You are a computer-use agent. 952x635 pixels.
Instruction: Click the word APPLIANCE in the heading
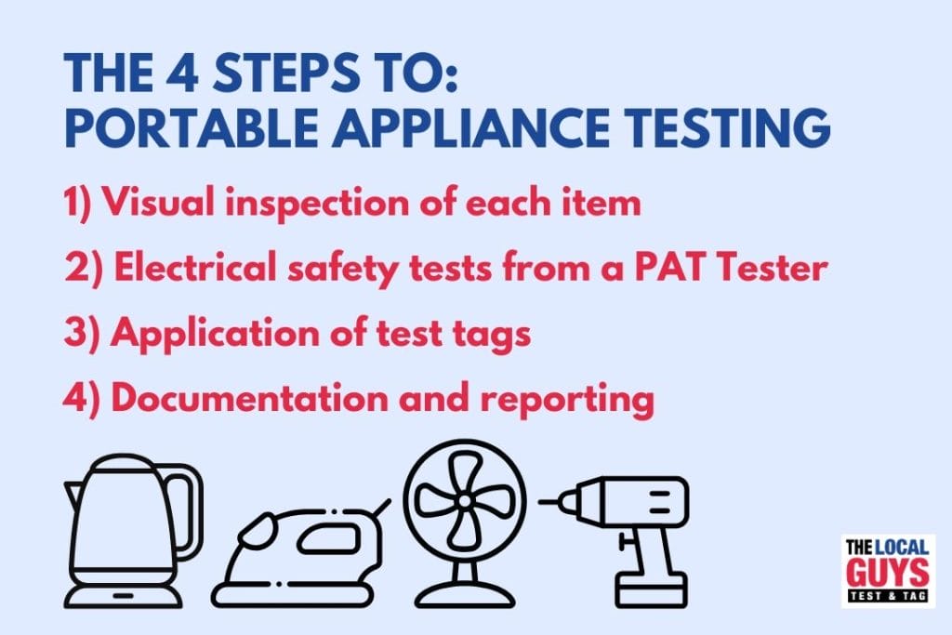pyautogui.click(x=469, y=127)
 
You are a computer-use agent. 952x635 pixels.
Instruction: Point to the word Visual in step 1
pyautogui.click(x=158, y=201)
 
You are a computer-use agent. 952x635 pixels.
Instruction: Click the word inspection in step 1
pyautogui.click(x=316, y=204)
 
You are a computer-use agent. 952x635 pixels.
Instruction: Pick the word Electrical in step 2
pyautogui.click(x=195, y=266)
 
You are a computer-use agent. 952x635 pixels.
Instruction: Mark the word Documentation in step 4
pyautogui.click(x=249, y=398)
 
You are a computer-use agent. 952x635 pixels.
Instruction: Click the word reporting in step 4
pyautogui.click(x=567, y=401)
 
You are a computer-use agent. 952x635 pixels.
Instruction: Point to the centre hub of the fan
pyautogui.click(x=465, y=501)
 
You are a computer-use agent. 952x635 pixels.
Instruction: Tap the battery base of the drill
pyautogui.click(x=652, y=589)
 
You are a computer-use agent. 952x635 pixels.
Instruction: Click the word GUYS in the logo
pyautogui.click(x=888, y=572)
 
